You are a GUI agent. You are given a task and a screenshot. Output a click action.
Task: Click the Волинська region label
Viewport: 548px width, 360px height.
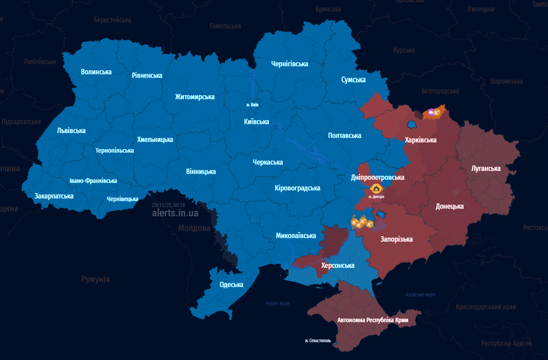[96, 72]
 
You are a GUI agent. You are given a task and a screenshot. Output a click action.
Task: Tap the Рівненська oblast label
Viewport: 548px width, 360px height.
[147, 75]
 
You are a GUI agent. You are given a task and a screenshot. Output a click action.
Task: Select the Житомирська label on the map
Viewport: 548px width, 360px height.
[195, 97]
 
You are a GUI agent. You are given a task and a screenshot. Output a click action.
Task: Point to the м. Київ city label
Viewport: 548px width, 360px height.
[252, 105]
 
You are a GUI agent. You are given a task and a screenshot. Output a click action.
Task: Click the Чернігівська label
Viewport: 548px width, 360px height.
[289, 64]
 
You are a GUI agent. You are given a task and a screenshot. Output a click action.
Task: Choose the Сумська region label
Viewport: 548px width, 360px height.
[353, 80]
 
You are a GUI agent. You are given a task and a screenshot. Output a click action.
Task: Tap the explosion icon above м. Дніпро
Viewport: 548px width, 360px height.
[376, 189]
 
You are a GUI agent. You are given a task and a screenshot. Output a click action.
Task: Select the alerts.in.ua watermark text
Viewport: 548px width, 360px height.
[175, 213]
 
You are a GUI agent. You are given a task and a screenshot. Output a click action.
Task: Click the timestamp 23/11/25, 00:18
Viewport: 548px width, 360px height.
[168, 205]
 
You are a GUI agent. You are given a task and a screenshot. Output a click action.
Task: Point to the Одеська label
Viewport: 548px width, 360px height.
[231, 285]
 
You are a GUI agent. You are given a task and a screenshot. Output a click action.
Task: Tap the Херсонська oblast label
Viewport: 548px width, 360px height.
[337, 265]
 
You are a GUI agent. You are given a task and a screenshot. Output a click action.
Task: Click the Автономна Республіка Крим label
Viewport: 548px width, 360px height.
[373, 320]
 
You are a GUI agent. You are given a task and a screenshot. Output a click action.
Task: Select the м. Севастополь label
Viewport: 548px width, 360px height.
[318, 340]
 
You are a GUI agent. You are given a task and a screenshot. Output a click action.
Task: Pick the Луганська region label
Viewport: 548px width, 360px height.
[486, 168]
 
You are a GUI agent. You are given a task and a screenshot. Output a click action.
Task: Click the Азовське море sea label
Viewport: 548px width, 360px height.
[420, 294]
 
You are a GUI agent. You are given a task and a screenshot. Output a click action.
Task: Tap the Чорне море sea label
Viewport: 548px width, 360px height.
[277, 303]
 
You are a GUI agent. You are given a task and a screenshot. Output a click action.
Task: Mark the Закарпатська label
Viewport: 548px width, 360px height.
[54, 196]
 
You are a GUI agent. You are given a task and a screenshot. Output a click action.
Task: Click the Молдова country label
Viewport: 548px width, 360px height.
[194, 228]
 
